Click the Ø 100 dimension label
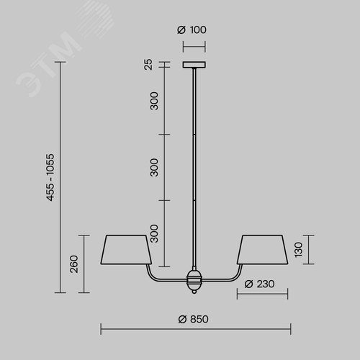(192, 30)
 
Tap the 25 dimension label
(148, 64)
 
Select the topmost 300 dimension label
(154, 101)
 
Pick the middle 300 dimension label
(154, 167)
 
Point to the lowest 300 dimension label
(154, 233)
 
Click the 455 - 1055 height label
(50, 177)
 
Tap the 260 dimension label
(74, 264)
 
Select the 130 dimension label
(299, 250)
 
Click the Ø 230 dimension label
(259, 284)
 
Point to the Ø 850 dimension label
(194, 319)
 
